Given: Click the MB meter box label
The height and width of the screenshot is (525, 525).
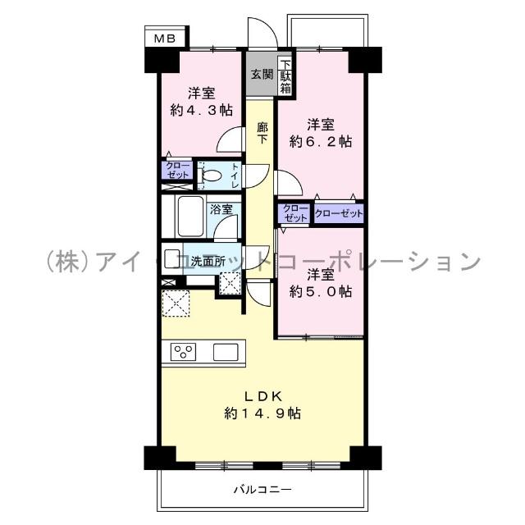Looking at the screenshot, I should tap(167, 38).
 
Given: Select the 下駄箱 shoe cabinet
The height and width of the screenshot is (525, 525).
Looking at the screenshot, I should tap(285, 74).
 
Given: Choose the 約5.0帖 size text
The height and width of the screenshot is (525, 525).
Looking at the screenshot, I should tap(321, 290).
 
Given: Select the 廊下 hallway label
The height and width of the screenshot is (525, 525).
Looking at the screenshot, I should tap(262, 133).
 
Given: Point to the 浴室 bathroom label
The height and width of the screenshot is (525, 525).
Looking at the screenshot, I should tap(220, 208).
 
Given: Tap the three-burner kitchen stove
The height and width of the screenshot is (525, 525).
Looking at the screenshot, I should tap(185, 352).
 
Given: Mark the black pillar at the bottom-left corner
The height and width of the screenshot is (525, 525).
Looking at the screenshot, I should tap(157, 457).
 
